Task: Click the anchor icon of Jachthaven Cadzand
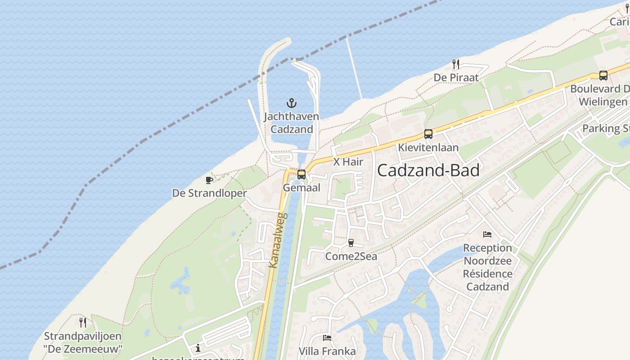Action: pos(292,103)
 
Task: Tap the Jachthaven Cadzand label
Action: pos(291,123)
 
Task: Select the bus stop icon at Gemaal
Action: pos(301,174)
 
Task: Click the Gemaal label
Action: pos(301,188)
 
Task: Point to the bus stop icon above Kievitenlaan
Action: pos(428,134)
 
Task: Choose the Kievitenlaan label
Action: pos(428,147)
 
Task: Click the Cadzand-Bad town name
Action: pos(428,171)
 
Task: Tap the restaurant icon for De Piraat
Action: pos(455,64)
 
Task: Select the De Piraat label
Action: pos(456,77)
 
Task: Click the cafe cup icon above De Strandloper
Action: pos(209,180)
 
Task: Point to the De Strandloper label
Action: pos(209,193)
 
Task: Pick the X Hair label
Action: pos(348,162)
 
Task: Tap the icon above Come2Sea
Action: pos(351,243)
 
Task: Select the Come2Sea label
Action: pos(351,256)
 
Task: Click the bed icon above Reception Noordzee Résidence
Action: pos(487,234)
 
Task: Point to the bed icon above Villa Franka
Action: pos(327,337)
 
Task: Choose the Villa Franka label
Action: pos(327,351)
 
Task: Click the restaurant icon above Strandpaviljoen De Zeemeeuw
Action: pos(82,322)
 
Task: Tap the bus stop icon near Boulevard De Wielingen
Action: pos(603,76)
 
